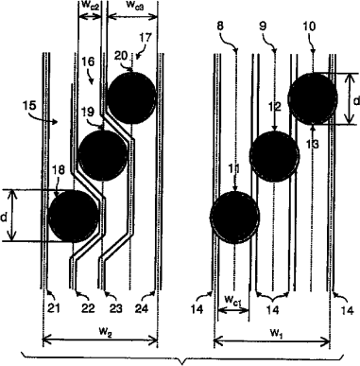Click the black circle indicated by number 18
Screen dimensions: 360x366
point(74,216)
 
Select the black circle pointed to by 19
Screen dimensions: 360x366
point(103,155)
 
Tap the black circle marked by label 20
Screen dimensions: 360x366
point(131,97)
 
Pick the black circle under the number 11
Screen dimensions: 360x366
point(234,218)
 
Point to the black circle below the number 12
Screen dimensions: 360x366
point(274,156)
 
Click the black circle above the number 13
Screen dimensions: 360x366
point(313,98)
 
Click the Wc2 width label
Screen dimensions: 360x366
point(90,6)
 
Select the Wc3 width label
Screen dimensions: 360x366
point(134,6)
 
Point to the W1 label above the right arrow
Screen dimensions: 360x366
point(275,333)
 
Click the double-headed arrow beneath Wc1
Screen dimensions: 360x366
point(233,310)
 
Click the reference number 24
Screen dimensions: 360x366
point(142,309)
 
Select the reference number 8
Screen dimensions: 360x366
point(220,26)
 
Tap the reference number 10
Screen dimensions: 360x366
point(309,26)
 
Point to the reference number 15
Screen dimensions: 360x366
point(29,105)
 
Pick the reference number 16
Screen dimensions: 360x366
point(89,61)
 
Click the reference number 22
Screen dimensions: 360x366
point(88,309)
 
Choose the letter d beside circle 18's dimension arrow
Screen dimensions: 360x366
point(4,217)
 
